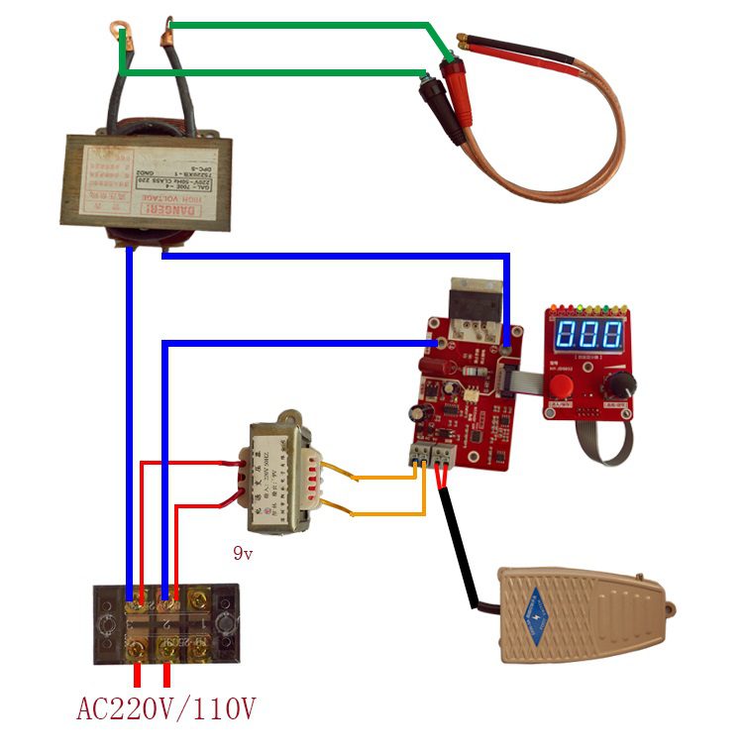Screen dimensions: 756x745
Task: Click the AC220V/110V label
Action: (165, 709)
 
